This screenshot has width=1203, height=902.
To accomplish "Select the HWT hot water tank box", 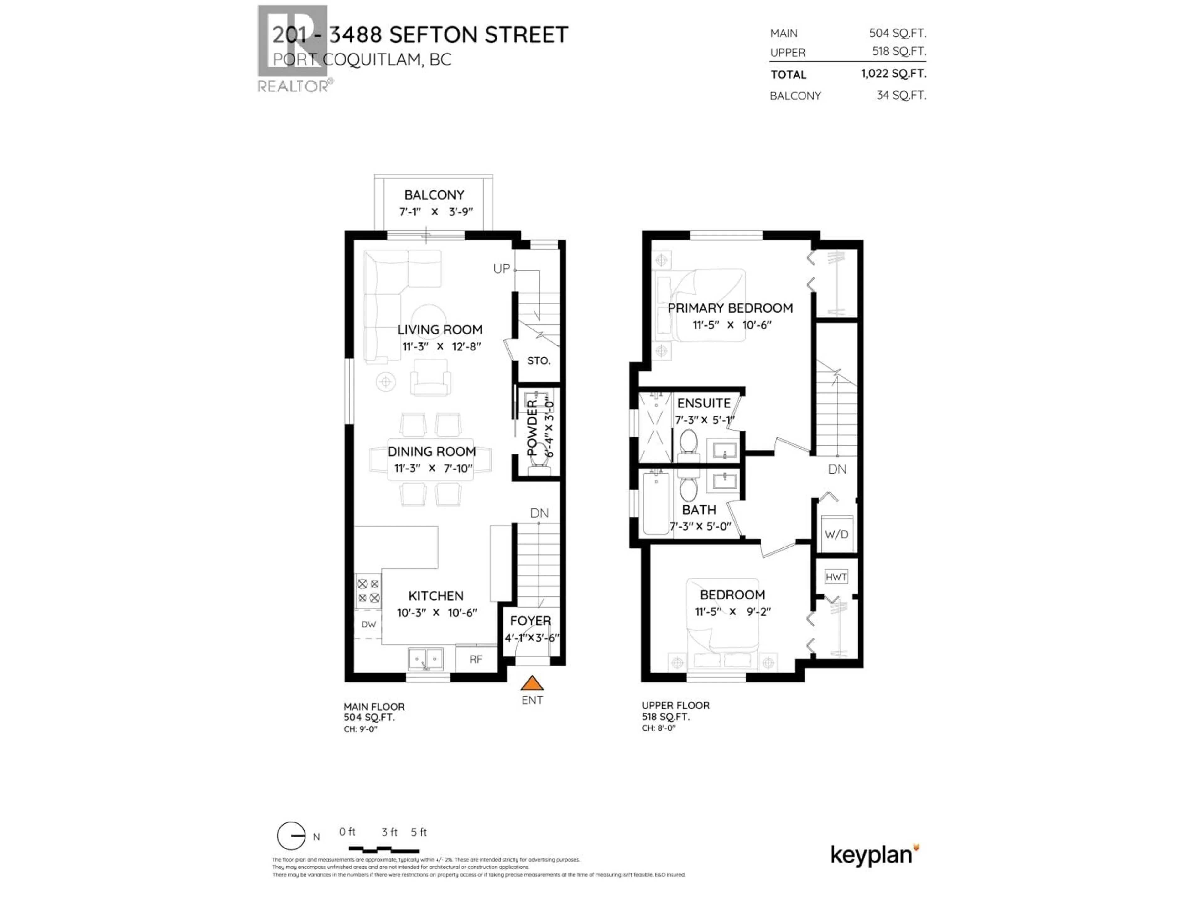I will click(x=836, y=577).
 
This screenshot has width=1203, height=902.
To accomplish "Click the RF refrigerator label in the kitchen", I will click(x=476, y=660).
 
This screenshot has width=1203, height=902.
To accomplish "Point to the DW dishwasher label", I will click(x=369, y=624).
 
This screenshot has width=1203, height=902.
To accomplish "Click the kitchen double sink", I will click(x=426, y=660).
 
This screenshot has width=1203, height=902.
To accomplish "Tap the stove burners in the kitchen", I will click(x=368, y=591).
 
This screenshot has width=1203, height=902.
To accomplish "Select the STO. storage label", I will click(x=539, y=360).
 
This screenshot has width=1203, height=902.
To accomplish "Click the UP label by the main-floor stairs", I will click(x=502, y=269).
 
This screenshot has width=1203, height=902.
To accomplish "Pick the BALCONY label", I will click(x=434, y=194).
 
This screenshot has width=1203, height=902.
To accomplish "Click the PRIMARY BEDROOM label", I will click(x=730, y=308).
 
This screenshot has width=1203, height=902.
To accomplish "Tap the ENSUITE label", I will click(x=704, y=403).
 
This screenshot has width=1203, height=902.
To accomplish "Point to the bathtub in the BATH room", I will click(x=656, y=503).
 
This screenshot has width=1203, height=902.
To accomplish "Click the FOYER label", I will click(x=530, y=620).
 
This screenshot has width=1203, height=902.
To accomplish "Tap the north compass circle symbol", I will click(x=291, y=836).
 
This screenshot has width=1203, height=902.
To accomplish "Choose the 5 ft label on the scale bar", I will click(x=419, y=832).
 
